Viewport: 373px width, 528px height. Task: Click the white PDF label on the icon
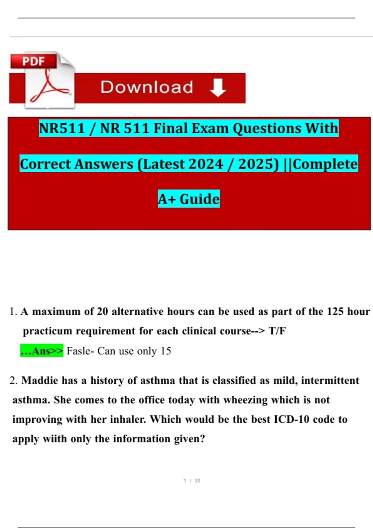(x=33, y=61)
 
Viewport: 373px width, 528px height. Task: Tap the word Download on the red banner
(x=147, y=87)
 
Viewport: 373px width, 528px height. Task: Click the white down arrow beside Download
(x=218, y=88)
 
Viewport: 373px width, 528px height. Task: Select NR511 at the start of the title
(x=62, y=128)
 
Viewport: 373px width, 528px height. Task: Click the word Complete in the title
(x=325, y=164)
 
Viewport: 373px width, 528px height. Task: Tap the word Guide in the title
(x=200, y=199)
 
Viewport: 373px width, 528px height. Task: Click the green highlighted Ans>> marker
(x=42, y=351)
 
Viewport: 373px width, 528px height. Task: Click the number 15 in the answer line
(x=166, y=351)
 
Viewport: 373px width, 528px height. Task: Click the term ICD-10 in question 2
(x=291, y=419)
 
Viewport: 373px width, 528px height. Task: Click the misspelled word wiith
(x=55, y=439)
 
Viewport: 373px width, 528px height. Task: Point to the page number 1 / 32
(x=192, y=480)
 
